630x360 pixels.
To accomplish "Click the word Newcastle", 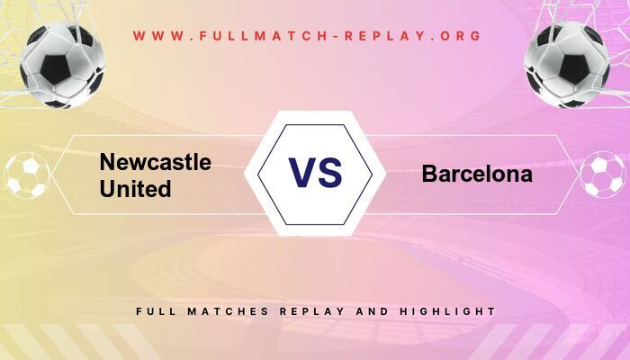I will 156,163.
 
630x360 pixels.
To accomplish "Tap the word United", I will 136,189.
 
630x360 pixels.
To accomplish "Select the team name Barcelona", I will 477,175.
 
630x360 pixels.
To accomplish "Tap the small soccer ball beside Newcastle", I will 27,175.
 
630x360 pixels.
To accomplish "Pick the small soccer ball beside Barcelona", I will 602,175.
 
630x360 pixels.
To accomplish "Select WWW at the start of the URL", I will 155,37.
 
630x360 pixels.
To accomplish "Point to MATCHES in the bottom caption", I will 223,311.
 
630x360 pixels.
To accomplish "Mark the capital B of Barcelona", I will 429,175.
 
